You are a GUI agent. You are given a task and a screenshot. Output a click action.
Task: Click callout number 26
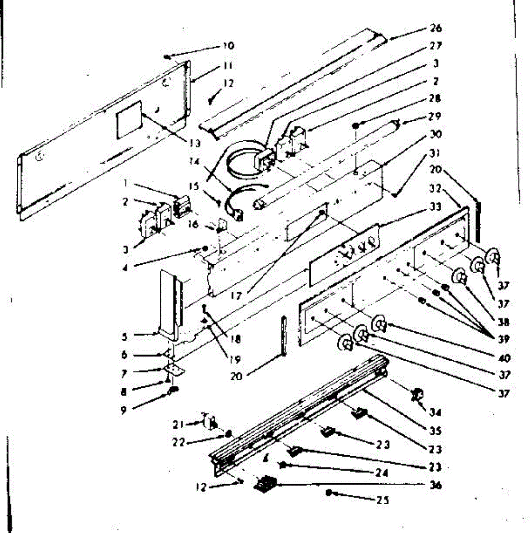pyautogui.click(x=435, y=28)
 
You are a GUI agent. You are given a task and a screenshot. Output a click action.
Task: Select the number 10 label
pyautogui.click(x=228, y=46)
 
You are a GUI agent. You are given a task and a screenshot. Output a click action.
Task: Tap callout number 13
pyautogui.click(x=194, y=143)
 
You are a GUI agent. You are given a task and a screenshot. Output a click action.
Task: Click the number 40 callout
pyautogui.click(x=504, y=358)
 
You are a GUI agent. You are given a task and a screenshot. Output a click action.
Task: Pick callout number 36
pyautogui.click(x=435, y=485)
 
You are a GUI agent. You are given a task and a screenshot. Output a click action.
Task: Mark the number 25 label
pyautogui.click(x=383, y=500)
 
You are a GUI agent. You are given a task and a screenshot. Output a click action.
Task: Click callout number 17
pyautogui.click(x=236, y=294)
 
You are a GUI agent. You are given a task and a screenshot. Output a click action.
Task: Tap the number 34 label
pyautogui.click(x=435, y=412)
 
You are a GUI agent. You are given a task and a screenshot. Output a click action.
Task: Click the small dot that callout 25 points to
pyautogui.click(x=328, y=492)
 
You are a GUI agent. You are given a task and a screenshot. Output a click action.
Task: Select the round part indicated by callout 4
pyautogui.click(x=205, y=248)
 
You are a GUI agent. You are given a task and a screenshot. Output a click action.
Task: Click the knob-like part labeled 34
pyautogui.click(x=417, y=394)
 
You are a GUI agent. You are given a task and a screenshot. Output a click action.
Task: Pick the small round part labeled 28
pyautogui.click(x=356, y=126)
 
